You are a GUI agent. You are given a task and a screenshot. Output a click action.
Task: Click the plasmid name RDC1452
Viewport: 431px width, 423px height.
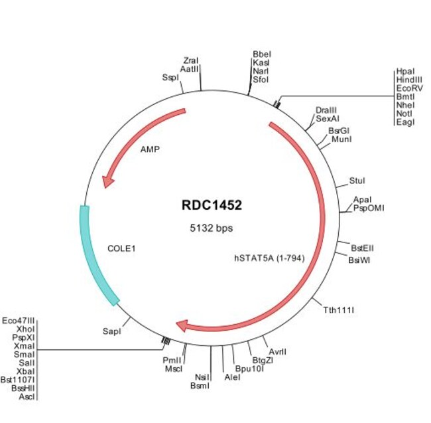click(x=212, y=205)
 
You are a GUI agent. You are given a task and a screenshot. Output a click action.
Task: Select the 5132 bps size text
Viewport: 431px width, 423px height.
click(x=212, y=227)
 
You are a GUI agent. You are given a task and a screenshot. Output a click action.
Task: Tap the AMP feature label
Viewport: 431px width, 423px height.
click(x=150, y=149)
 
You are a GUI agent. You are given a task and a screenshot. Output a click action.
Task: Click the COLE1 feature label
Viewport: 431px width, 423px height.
click(x=121, y=248)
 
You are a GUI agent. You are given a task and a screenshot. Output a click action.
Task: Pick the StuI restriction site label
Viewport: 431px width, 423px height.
click(x=357, y=181)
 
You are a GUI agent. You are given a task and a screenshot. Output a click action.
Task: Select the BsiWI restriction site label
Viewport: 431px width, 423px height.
click(x=359, y=260)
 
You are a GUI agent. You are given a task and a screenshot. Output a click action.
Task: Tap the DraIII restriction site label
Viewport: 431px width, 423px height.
click(x=325, y=109)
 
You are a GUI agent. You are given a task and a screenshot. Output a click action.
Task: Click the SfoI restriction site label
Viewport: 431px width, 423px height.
click(x=261, y=80)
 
